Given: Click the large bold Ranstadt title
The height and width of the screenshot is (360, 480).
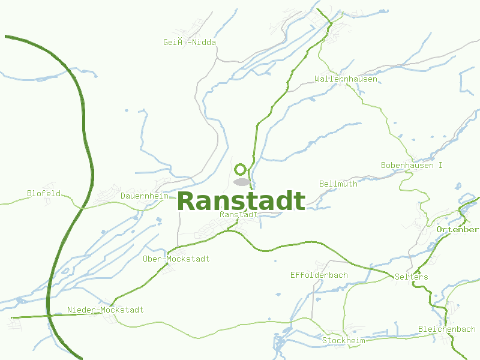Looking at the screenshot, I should [241, 201].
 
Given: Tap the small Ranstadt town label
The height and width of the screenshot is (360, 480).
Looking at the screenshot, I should [239, 214].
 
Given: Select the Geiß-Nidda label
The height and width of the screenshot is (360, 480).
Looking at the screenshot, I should [189, 42].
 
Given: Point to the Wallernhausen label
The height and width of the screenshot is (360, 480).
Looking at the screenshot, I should [346, 79].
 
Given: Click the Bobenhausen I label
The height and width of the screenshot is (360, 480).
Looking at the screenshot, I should [412, 165].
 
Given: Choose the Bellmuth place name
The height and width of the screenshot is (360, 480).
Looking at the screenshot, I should [338, 184].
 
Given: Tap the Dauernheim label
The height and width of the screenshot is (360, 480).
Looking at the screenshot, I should [144, 196].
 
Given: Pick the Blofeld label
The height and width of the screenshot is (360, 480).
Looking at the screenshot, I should [44, 193].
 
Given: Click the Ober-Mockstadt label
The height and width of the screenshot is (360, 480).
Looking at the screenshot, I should [176, 259].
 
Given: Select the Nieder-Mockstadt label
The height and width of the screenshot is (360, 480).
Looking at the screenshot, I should [105, 310].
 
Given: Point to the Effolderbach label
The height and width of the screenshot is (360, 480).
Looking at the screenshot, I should [319, 275].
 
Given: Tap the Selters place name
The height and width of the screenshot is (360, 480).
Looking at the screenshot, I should [412, 277].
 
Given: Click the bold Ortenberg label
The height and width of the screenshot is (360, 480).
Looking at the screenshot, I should [458, 230].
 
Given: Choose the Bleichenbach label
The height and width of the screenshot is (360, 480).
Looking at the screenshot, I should [446, 329].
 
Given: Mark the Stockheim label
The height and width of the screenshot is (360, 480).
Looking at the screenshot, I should [343, 340].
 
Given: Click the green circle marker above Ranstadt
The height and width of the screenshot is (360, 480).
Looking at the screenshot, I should [241, 169].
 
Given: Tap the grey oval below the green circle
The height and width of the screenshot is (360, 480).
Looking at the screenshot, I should [241, 182].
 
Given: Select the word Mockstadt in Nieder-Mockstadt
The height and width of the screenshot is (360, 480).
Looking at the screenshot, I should [122, 310].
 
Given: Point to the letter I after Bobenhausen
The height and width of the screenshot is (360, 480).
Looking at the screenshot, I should [440, 165].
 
